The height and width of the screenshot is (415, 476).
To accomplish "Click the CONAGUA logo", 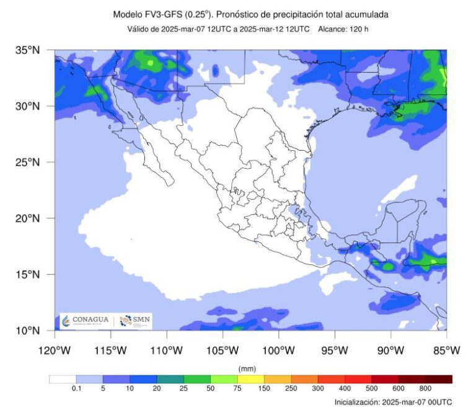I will click(85, 320).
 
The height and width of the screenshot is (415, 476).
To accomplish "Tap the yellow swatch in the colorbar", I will click(251, 379).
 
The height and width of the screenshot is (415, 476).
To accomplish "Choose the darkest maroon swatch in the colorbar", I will click(439, 379).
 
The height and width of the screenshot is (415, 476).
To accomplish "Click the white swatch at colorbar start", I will click(62, 379).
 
